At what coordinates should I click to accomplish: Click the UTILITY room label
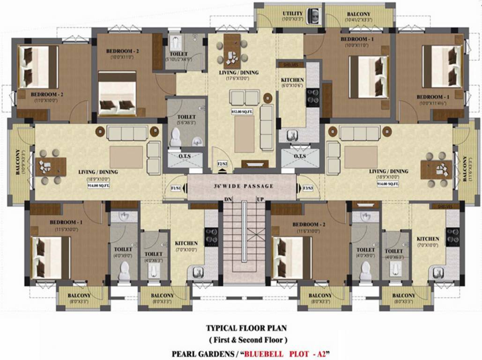(x=292, y=14)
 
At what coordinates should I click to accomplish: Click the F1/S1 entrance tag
(x=176, y=188)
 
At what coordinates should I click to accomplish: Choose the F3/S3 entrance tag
(x=307, y=188)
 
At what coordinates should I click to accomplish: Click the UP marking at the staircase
(x=260, y=199)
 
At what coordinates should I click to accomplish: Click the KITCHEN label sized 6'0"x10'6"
(x=292, y=80)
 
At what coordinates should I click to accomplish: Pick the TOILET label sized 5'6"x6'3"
(x=187, y=117)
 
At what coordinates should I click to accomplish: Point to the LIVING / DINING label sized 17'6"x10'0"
(x=239, y=73)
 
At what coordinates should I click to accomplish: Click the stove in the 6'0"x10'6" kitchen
(x=312, y=97)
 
